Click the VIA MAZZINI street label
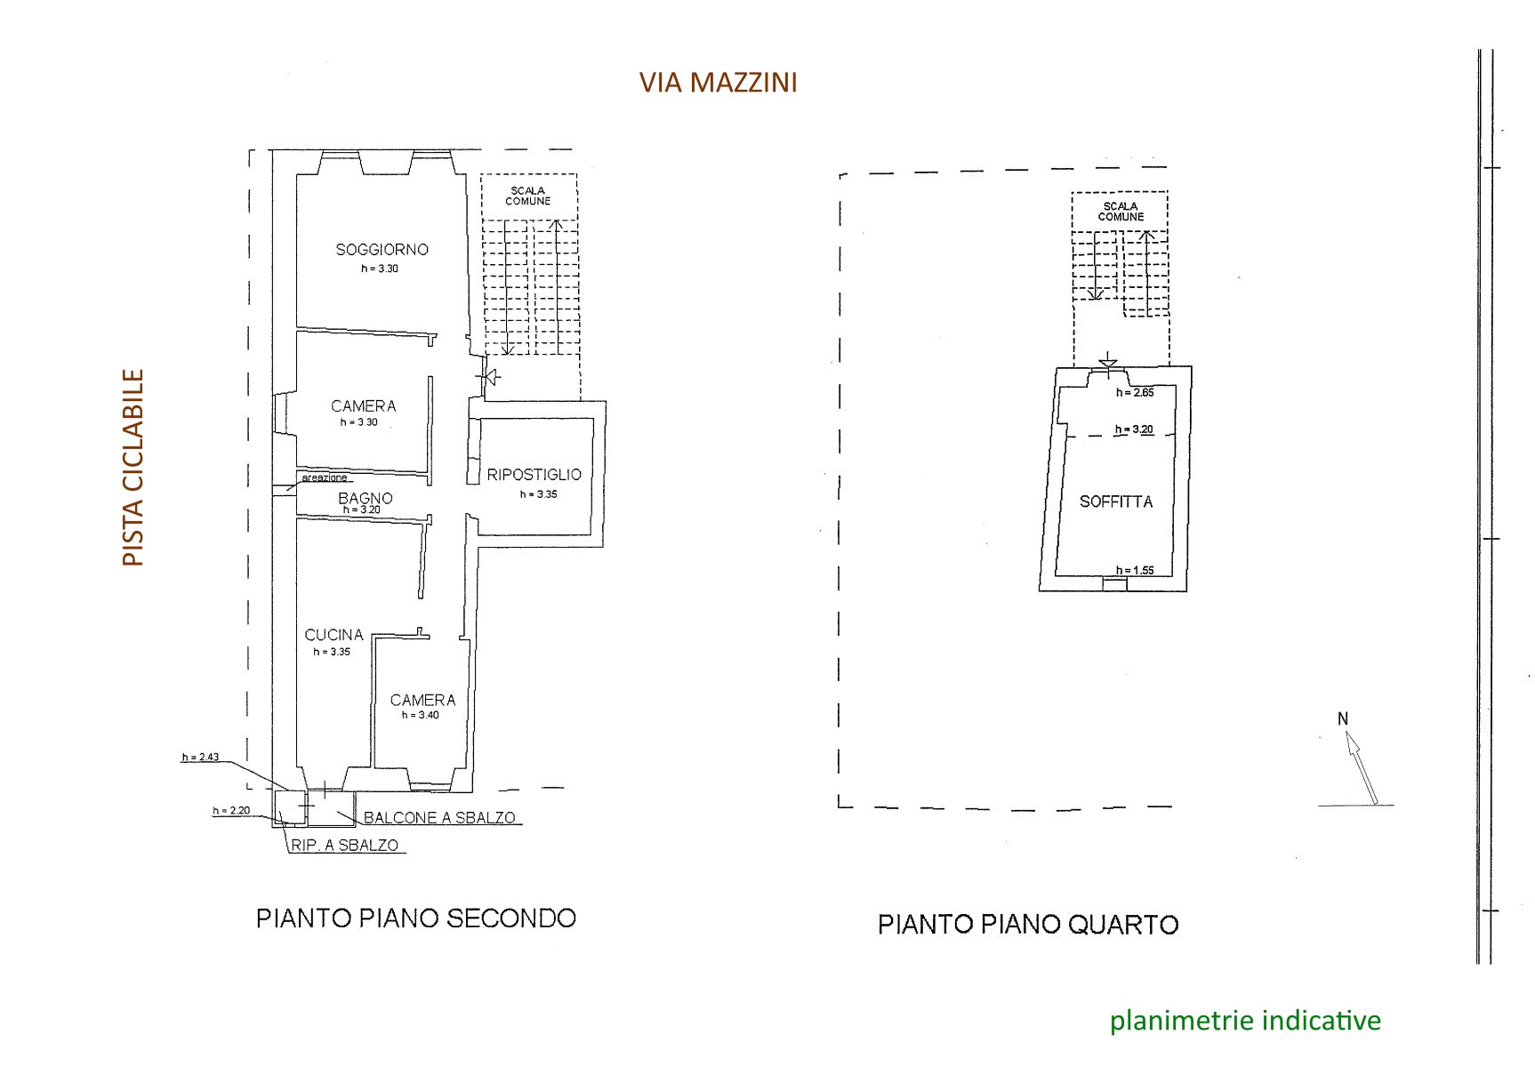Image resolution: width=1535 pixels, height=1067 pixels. coord(718,83)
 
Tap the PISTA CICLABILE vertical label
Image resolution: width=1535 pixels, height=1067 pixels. coord(133,468)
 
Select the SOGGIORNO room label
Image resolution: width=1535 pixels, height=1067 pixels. coord(382,250)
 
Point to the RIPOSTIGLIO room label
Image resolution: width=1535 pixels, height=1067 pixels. coord(534,475)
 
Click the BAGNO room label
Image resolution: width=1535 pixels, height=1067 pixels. coord(365,498)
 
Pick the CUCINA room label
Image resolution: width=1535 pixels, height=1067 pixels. coord(334,635)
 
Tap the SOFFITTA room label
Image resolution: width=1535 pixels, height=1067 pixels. coord(1116,501)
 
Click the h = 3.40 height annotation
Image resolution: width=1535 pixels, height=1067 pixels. coord(420,715)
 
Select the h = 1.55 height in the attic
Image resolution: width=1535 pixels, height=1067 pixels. coord(1135,571)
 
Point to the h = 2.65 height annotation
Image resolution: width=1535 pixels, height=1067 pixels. coord(1135,392)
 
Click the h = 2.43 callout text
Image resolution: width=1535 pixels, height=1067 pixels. coord(200,758)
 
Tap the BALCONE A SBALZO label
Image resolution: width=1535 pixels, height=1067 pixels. coord(439,818)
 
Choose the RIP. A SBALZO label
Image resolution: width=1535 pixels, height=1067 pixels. coord(345,846)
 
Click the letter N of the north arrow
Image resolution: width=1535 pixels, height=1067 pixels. coord(1343,719)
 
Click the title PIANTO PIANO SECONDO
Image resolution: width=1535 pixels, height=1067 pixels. coord(416,919)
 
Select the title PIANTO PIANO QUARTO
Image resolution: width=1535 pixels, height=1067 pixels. coord(1028,925)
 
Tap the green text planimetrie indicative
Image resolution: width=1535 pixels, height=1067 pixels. coord(1245,1021)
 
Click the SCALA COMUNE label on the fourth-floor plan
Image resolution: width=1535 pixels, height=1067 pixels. coord(1121,212)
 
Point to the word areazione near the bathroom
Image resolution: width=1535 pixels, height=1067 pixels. coord(325,478)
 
